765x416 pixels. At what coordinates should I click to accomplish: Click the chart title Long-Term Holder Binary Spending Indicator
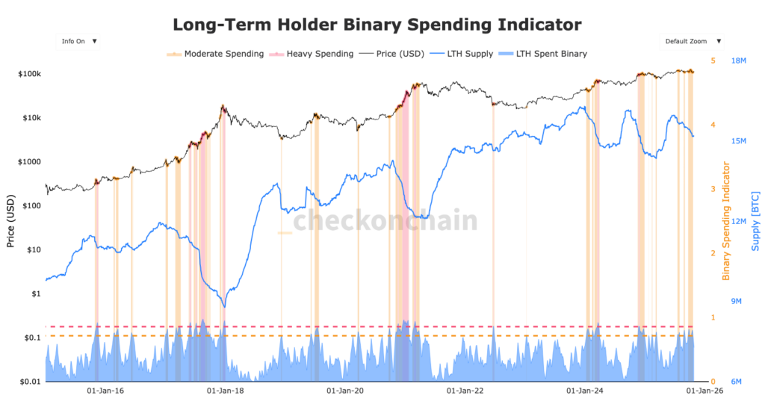377,25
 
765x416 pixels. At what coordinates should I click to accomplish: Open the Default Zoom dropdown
691,42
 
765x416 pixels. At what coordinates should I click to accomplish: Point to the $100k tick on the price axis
28,74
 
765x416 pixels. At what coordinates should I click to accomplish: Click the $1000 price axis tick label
28,162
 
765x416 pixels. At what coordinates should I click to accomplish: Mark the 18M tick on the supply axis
740,61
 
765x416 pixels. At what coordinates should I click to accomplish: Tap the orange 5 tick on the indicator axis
713,61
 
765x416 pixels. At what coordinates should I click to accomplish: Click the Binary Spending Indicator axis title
725,222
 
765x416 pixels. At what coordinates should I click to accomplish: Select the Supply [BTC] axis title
755,222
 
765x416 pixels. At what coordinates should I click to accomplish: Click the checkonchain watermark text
384,221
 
